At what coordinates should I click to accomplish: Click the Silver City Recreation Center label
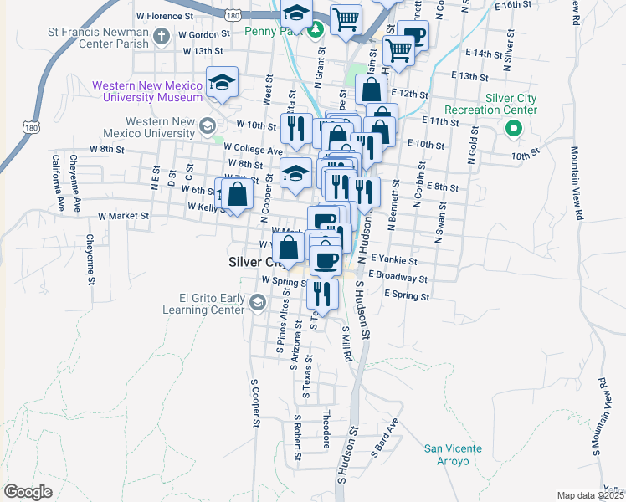[502, 104]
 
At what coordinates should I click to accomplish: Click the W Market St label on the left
[123, 216]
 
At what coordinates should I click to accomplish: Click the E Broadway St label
[398, 278]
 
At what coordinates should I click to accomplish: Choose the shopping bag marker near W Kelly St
[239, 195]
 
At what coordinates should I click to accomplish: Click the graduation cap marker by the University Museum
[222, 82]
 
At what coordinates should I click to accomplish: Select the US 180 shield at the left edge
[31, 127]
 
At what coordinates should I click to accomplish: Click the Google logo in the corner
[28, 492]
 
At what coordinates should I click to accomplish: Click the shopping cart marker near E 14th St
[399, 51]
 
